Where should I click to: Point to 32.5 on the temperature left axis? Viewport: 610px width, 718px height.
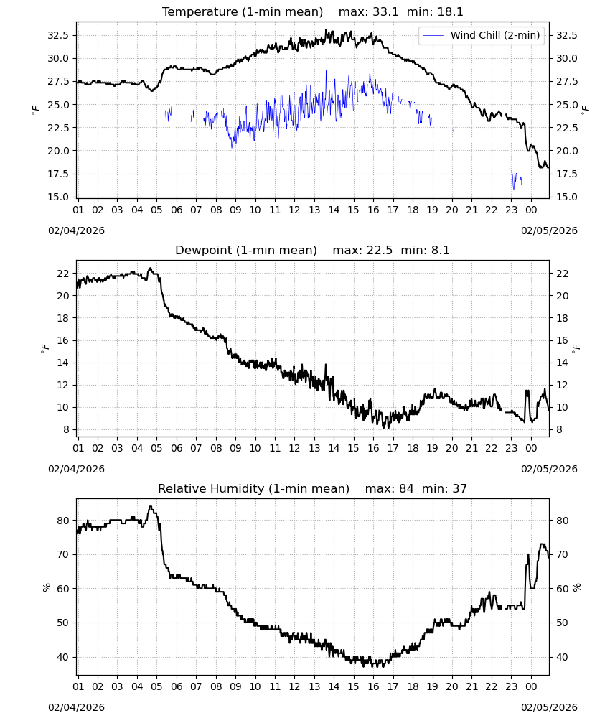[x=58, y=35]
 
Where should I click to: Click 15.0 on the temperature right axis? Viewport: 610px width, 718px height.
[x=566, y=197]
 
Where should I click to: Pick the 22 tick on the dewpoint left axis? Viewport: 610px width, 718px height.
[x=63, y=274]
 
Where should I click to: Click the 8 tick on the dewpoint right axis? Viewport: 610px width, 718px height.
[x=559, y=429]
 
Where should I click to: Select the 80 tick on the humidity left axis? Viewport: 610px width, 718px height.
[x=63, y=521]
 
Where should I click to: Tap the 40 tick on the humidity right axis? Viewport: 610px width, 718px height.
[x=562, y=657]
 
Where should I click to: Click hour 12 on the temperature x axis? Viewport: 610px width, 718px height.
[x=294, y=210]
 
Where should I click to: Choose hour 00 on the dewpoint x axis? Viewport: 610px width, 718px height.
[x=531, y=448]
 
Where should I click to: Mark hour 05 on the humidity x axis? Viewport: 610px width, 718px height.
[x=156, y=687]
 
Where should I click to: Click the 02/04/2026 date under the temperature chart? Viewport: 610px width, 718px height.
[x=76, y=230]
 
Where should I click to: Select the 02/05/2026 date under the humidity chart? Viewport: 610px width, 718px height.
[x=549, y=707]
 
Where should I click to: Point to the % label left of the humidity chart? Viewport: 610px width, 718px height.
[x=46, y=587]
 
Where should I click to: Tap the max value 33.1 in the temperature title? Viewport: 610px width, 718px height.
[x=385, y=11]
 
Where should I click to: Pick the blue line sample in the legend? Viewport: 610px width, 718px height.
[x=433, y=35]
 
